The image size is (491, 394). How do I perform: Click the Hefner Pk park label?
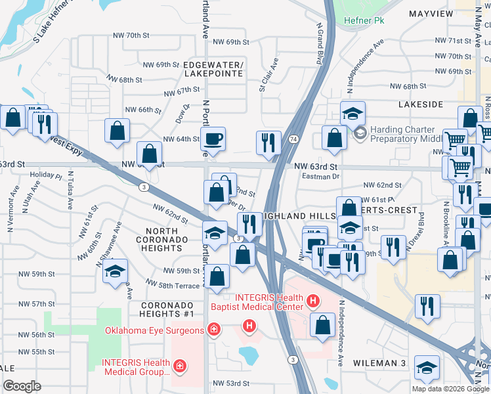pyautogui.click(x=364, y=20)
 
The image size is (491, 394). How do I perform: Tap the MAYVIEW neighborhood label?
pyautogui.click(x=431, y=13)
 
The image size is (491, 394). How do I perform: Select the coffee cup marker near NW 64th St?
pyautogui.click(x=213, y=140)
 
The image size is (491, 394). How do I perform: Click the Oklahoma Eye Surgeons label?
pyautogui.click(x=155, y=330)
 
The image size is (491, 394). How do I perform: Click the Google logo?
pyautogui.click(x=22, y=386)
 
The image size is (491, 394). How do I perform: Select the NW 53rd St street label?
pyautogui.click(x=230, y=383)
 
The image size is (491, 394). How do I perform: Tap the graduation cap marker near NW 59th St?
pyautogui.click(x=116, y=271)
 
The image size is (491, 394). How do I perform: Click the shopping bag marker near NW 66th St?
pyautogui.click(x=117, y=131)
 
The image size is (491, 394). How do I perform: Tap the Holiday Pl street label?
pyautogui.click(x=45, y=176)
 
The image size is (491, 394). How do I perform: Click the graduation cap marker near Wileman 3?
pyautogui.click(x=427, y=370)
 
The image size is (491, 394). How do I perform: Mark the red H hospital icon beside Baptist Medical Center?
pyautogui.click(x=313, y=302)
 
